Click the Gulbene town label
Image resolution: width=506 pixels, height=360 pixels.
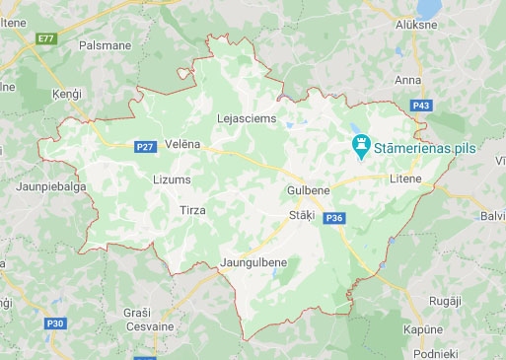point(306,188)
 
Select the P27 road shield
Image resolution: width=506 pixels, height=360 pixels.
point(144,147)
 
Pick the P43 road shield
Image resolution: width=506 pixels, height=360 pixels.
point(422,104)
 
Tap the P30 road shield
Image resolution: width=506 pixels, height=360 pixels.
point(55,322)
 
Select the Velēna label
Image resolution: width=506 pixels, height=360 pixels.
point(183,144)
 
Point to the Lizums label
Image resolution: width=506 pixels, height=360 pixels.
point(173,180)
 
